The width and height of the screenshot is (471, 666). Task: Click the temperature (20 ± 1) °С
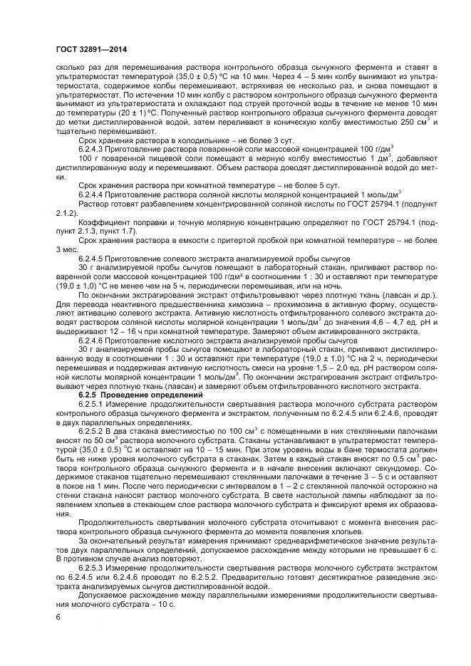click(118, 113)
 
